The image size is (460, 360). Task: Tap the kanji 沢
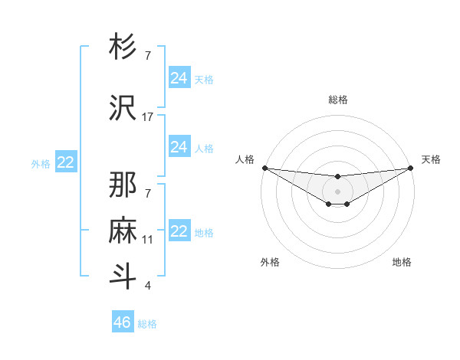point(123,108)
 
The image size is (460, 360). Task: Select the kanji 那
point(123,185)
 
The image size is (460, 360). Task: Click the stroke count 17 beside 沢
point(148,117)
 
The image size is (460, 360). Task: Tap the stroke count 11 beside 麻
point(148,240)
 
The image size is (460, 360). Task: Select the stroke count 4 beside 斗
point(148,286)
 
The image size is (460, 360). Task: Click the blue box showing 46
point(123,322)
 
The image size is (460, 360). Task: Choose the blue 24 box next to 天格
point(179,78)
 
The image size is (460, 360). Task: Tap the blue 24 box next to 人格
point(179,147)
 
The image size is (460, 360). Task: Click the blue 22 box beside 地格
point(179,231)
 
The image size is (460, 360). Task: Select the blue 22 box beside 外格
point(66,162)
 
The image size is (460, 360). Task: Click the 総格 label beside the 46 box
point(147,324)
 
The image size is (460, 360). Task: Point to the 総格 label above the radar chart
point(338,100)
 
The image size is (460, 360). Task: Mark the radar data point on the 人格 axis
point(264,168)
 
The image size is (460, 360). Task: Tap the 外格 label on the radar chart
point(270,262)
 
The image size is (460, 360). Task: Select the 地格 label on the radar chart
point(402,262)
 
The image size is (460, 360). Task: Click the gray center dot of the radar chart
point(337,191)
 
